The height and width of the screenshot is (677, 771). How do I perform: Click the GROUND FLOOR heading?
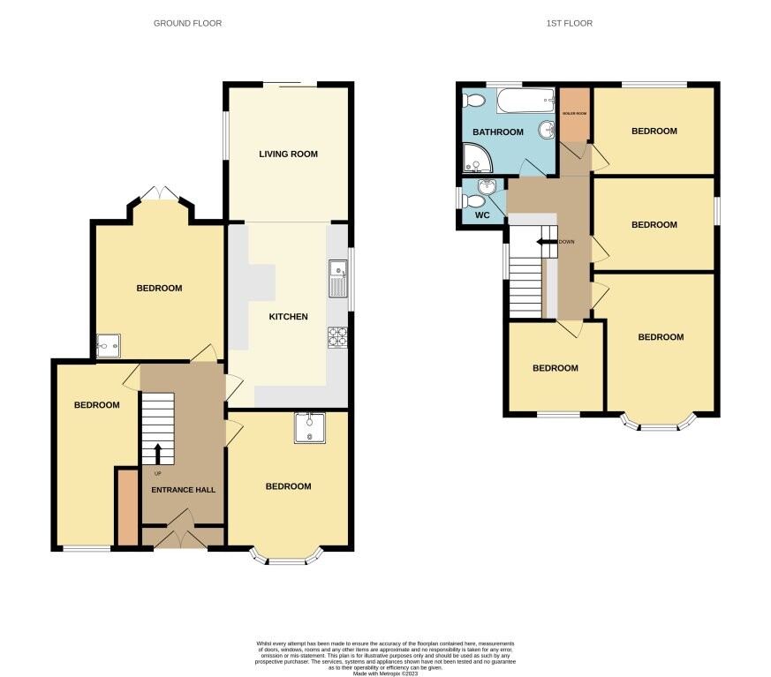point(187,23)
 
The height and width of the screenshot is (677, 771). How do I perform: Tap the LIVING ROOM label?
point(288,154)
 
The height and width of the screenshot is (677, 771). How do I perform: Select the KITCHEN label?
point(288,316)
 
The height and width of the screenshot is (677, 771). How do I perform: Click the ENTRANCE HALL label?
point(183,489)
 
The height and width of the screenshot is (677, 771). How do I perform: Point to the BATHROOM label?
point(498,132)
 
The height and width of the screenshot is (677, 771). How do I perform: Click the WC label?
point(482,214)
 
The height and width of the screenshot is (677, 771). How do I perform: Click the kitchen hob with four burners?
point(338,336)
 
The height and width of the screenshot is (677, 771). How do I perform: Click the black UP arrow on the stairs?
point(158,452)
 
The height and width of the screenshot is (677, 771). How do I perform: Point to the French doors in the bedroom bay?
point(159,192)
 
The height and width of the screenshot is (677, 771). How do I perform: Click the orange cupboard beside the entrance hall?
point(126,506)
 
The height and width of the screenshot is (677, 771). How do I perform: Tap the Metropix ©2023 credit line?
point(385,673)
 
